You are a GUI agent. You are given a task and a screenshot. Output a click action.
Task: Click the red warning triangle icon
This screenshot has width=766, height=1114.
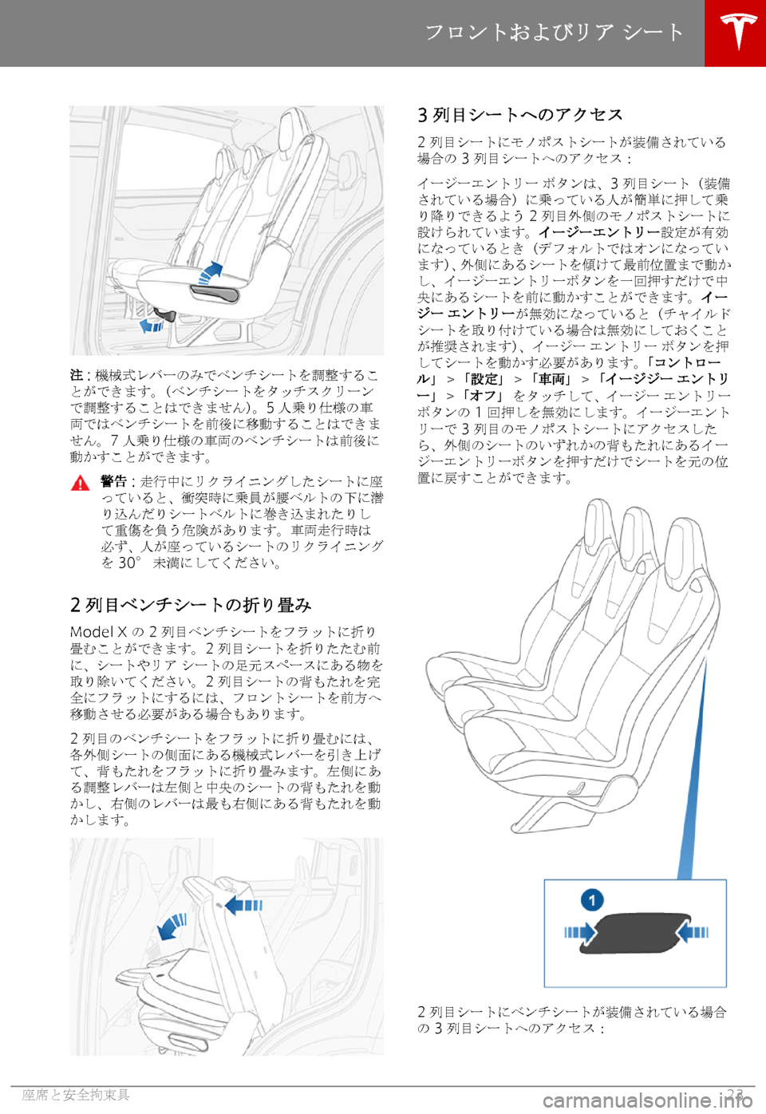pyautogui.click(x=80, y=483)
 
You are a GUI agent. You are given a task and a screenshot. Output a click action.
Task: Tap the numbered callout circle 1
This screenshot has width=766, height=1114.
pyautogui.click(x=591, y=899)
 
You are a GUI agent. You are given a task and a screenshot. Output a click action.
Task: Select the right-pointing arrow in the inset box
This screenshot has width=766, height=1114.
pyautogui.click(x=580, y=932)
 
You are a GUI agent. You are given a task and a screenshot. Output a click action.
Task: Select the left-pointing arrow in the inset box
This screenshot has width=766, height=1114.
pyautogui.click(x=693, y=931)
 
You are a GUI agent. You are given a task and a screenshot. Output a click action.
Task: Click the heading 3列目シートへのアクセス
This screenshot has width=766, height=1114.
pyautogui.click(x=520, y=115)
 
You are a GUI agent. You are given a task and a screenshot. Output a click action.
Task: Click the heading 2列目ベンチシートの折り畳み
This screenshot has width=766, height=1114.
pyautogui.click(x=191, y=605)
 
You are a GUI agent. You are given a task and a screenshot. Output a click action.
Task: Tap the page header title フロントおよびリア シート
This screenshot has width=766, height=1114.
pyautogui.click(x=555, y=32)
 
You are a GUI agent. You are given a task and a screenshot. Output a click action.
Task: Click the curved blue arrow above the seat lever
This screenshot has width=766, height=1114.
pyautogui.click(x=209, y=271)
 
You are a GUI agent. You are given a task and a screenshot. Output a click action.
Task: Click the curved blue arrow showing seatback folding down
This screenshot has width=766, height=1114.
pyautogui.click(x=172, y=926)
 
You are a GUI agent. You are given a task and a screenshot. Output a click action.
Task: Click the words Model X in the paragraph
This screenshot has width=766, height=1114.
pyautogui.click(x=99, y=632)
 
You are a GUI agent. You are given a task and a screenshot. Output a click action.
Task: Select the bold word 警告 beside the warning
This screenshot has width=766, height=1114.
pyautogui.click(x=114, y=481)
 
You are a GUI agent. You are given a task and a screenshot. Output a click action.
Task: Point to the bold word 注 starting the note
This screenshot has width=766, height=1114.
pyautogui.click(x=76, y=374)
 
